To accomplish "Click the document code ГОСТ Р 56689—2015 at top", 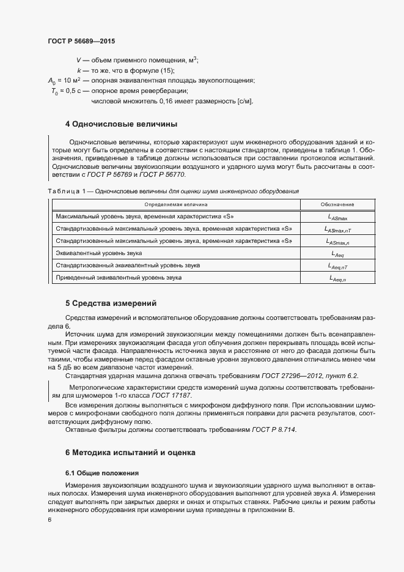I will click(x=81, y=41).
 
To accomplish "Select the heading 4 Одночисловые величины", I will click(x=121, y=124).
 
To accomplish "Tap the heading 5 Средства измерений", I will click(x=111, y=303).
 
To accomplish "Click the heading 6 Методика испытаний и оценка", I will click(x=130, y=453).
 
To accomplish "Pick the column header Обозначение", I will click(x=337, y=205).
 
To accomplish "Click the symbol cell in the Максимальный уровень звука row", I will click(x=337, y=217).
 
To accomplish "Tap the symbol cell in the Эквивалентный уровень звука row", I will click(x=337, y=253).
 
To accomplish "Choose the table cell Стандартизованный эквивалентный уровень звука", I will click(x=128, y=265).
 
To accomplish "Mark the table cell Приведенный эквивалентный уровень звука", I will click(x=119, y=277).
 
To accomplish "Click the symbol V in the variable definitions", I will click(x=78, y=60).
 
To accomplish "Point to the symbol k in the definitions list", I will click(x=79, y=70).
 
